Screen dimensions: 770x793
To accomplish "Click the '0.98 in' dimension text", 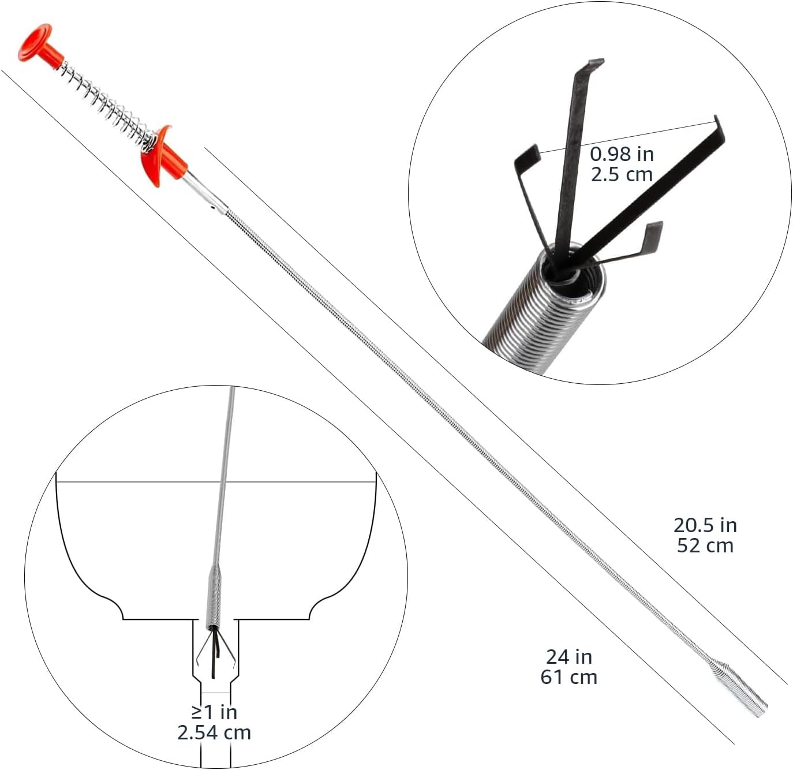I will point(622,154).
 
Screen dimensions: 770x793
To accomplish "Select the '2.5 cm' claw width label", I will point(622,174).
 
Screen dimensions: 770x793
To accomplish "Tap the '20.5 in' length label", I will point(705,525).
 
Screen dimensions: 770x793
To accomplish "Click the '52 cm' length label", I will point(705,545).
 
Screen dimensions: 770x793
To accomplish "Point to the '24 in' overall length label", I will point(569,656).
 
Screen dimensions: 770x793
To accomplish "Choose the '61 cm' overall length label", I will point(569,676).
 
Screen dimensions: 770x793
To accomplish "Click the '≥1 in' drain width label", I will point(214,712).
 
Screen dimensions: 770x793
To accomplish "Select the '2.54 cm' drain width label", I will point(214,732).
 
